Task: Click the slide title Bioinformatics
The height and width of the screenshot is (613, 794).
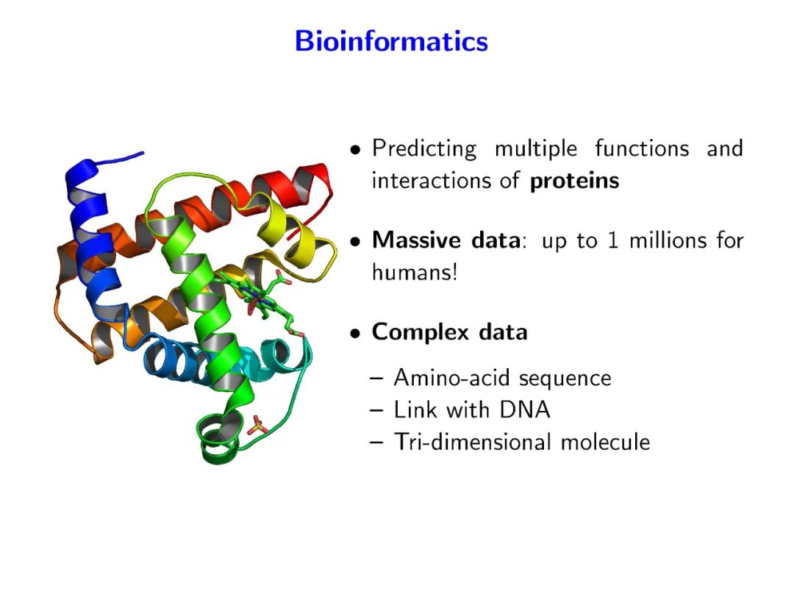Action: click(x=391, y=41)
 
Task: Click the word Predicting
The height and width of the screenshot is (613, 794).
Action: click(x=424, y=148)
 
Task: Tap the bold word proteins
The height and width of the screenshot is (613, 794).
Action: click(x=574, y=181)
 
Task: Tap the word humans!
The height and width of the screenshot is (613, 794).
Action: click(x=415, y=273)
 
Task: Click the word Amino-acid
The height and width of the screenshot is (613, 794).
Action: click(x=453, y=378)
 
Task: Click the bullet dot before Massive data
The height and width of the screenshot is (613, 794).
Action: click(x=356, y=242)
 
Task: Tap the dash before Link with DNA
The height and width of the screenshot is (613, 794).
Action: click(x=377, y=410)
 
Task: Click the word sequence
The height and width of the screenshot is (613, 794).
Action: click(x=565, y=379)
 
